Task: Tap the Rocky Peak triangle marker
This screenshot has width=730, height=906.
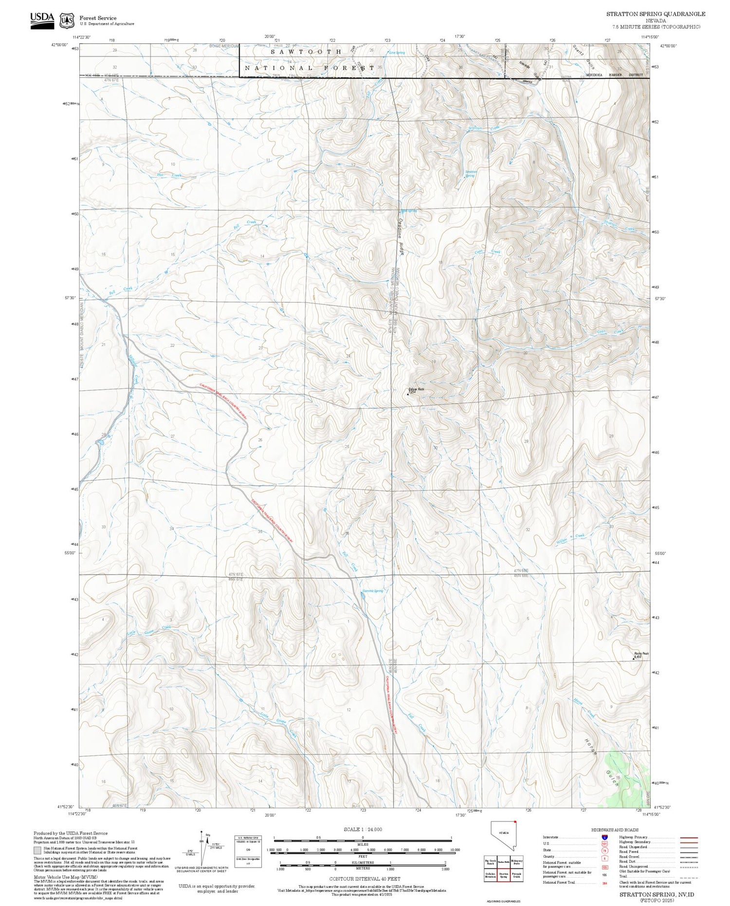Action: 633,659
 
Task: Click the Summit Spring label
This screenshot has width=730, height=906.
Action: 373,591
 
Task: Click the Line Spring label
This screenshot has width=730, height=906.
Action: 397,53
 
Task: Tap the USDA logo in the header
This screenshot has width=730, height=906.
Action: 42,20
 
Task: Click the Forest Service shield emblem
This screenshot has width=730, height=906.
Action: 67,20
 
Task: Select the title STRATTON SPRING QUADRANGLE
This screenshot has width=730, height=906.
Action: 655,14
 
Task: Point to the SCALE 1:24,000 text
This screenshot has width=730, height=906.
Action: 363,829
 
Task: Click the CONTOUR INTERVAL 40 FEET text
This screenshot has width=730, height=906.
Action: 365,879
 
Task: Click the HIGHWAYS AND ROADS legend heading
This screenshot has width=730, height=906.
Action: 615,830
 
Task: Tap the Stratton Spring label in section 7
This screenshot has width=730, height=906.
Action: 471,174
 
